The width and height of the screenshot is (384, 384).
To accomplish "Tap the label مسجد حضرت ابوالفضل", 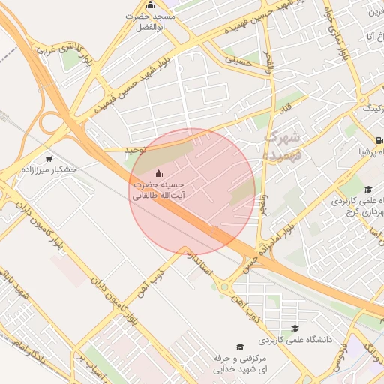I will coord(149,21).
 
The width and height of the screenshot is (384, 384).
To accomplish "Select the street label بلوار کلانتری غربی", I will coord(76,53).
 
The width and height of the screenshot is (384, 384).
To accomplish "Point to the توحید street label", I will coord(135,150).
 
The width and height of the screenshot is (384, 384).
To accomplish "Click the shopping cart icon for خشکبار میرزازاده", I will coord(49,158).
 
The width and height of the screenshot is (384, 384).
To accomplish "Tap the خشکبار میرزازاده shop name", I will coord(49,169).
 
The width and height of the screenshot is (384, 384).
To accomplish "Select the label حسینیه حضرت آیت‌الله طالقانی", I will coord(159,190).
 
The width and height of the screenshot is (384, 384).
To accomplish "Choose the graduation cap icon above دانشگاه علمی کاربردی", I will coord(295,328).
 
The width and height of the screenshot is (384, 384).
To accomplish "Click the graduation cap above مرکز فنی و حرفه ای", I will coord(240,346).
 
